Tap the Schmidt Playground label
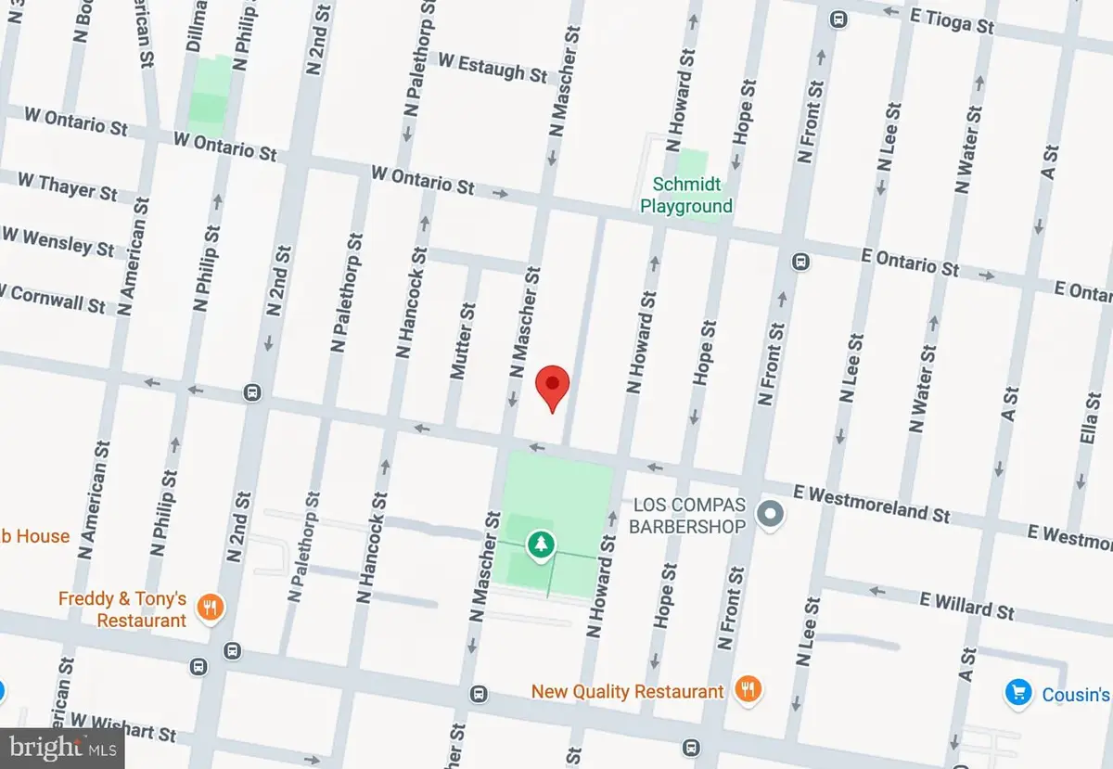[x=686, y=195]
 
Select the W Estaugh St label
[x=493, y=66]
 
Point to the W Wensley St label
[x=58, y=241]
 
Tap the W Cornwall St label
[x=54, y=298]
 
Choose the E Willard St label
[x=966, y=605]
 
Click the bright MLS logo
[x=61, y=747]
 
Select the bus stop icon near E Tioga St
[x=838, y=18]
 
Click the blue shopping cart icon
[x=1018, y=692]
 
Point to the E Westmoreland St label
[x=874, y=503]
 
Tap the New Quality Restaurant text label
[x=627, y=691]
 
